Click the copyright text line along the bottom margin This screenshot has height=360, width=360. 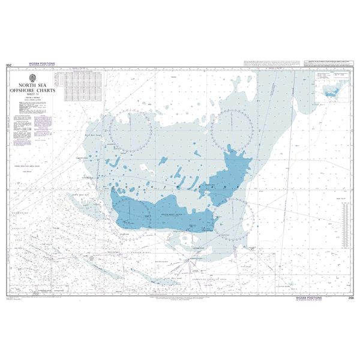pyautogui.click(x=180, y=295)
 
